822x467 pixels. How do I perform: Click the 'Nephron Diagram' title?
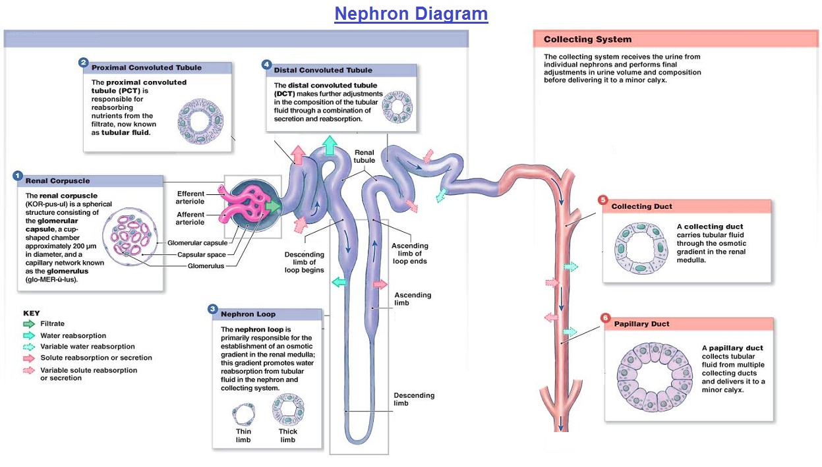click(411, 14)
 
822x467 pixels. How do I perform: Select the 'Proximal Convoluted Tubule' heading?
click(146, 68)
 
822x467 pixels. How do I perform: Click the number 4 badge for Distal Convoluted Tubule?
click(266, 65)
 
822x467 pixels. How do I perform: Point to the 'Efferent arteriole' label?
click(191, 198)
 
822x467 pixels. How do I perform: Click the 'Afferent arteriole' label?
click(191, 218)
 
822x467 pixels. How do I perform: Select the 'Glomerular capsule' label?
click(197, 243)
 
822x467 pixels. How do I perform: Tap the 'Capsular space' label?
click(201, 255)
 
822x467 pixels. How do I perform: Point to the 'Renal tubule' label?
click(364, 156)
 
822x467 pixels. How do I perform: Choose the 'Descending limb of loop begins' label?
click(304, 262)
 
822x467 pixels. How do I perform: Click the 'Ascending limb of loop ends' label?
click(409, 254)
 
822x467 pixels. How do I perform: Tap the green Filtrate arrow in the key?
click(29, 324)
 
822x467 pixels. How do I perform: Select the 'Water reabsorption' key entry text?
click(73, 335)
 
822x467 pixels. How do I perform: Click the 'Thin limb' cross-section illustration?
click(243, 415)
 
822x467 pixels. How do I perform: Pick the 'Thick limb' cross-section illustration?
click(287, 410)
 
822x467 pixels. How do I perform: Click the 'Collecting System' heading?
click(587, 40)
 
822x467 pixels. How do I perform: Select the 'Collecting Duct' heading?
click(641, 206)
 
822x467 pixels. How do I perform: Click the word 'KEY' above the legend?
click(31, 314)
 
